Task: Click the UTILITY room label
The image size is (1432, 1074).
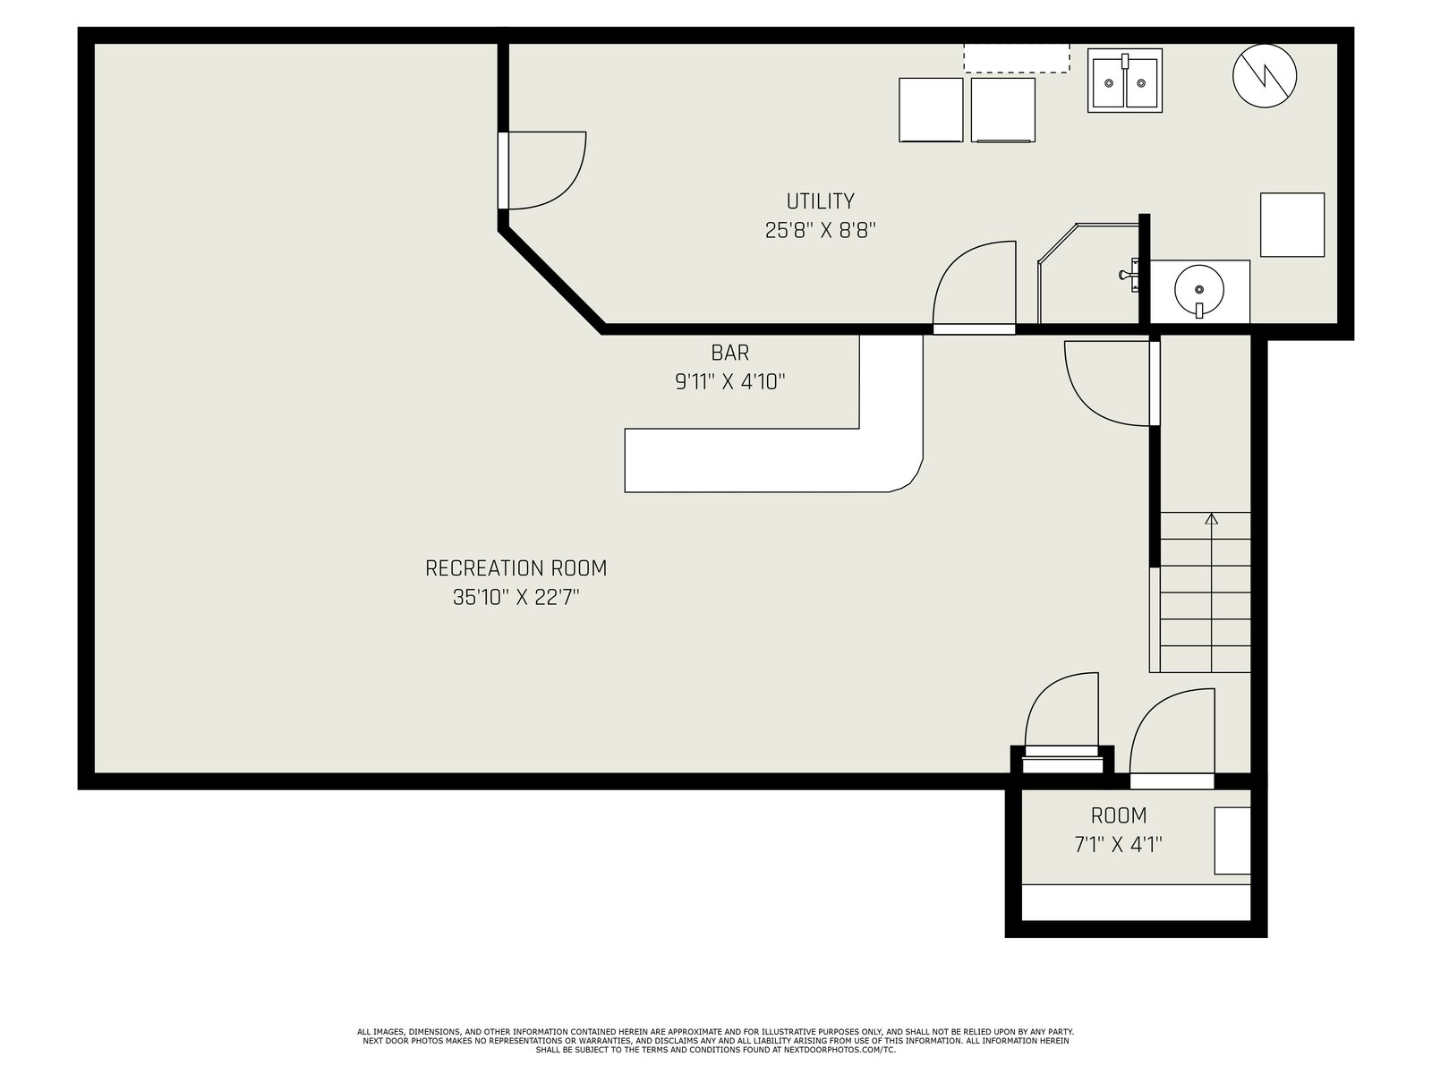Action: [x=820, y=201]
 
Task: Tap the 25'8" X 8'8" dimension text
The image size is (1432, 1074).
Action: [x=820, y=230]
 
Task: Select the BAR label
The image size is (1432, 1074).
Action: [x=730, y=353]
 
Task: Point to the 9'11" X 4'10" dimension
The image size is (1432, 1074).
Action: [x=730, y=381]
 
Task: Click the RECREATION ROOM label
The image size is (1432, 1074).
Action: [x=516, y=568]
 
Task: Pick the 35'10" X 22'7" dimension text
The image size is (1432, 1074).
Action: [x=516, y=597]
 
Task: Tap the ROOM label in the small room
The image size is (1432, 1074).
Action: [x=1118, y=815]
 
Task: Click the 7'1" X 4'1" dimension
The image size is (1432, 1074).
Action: [x=1118, y=845]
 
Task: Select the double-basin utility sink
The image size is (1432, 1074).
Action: [x=1125, y=81]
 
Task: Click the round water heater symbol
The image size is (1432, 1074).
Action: [x=1265, y=76]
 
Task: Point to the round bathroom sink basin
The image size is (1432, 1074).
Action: [x=1199, y=289]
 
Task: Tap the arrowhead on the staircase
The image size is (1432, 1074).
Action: [x=1212, y=519]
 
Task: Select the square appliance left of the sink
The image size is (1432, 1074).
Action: [x=1002, y=110]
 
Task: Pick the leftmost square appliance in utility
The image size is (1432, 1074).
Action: [x=931, y=110]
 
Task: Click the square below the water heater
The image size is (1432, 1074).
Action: [x=1291, y=225]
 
